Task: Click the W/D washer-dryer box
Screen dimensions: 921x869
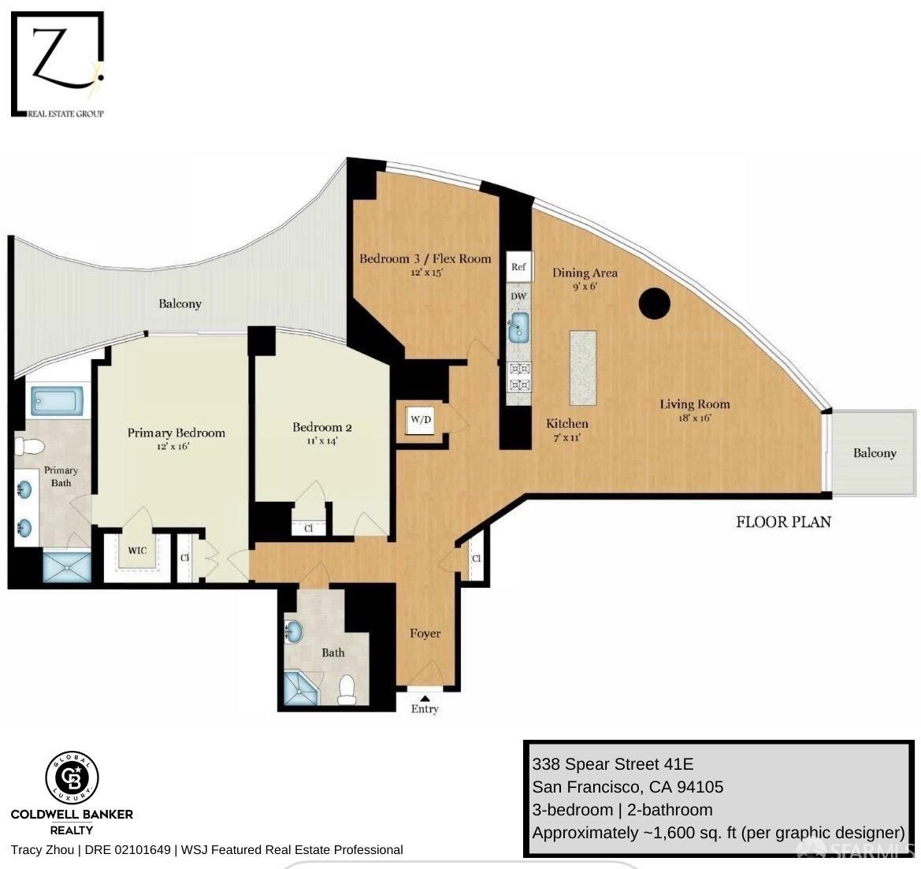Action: pos(421,419)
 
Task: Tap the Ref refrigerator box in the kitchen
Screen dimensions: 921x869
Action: pos(518,266)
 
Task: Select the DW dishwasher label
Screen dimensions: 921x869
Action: pos(518,296)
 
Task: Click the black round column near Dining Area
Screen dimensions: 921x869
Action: pos(654,303)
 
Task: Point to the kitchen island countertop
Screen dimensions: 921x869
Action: pos(583,367)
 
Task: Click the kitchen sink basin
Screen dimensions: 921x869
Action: pos(518,327)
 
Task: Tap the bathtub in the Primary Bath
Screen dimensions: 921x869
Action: pos(55,401)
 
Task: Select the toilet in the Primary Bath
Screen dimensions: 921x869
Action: pos(29,447)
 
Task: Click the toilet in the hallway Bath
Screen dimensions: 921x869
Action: pos(347,690)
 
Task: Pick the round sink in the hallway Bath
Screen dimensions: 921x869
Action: pos(294,632)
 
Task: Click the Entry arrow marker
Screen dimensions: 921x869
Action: pos(425,697)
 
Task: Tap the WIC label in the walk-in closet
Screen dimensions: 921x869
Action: pos(137,551)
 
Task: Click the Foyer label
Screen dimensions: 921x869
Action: pos(425,633)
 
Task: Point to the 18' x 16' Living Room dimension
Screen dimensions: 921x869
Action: pos(695,418)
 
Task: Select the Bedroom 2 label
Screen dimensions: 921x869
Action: pos(322,427)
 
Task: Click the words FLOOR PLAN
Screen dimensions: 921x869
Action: pos(784,522)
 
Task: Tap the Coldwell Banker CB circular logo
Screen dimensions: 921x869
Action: pos(72,778)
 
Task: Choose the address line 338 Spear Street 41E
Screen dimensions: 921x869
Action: pos(613,764)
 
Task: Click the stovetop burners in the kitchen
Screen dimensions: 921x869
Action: pos(519,377)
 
